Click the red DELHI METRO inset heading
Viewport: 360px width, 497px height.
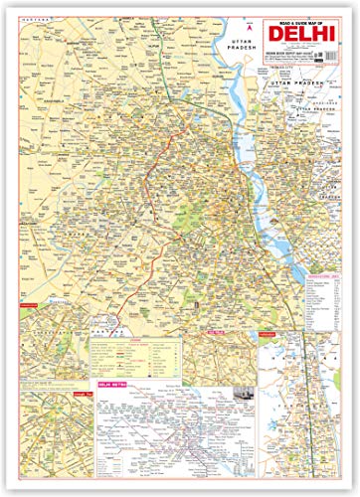point(109,410)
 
